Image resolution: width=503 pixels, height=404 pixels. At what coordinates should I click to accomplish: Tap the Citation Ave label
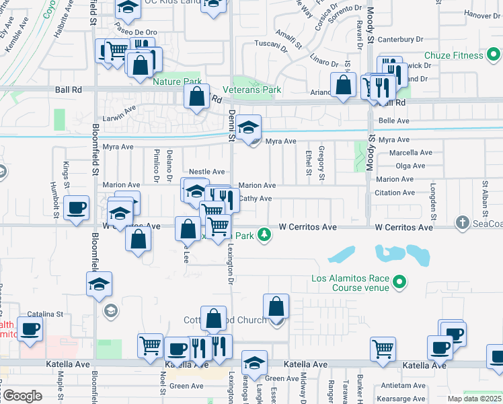pyautogui.click(x=399, y=193)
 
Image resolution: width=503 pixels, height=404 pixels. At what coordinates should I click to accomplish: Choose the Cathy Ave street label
pyautogui.click(x=256, y=199)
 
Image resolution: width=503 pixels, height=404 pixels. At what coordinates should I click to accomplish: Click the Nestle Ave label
pyautogui.click(x=206, y=172)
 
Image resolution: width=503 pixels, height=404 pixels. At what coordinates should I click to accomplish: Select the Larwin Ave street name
pyautogui.click(x=120, y=107)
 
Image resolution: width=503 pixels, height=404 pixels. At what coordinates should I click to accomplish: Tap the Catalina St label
pyautogui.click(x=44, y=314)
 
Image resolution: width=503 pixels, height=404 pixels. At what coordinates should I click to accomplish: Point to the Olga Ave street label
pyautogui.click(x=410, y=166)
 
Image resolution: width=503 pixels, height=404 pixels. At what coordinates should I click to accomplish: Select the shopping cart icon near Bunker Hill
pyautogui.click(x=383, y=349)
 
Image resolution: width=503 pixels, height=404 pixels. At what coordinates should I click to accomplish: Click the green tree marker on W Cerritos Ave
pyautogui.click(x=266, y=234)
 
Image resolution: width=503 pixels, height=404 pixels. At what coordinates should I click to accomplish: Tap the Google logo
pyautogui.click(x=22, y=396)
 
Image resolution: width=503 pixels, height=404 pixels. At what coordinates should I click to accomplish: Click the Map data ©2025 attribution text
pyautogui.click(x=473, y=399)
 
